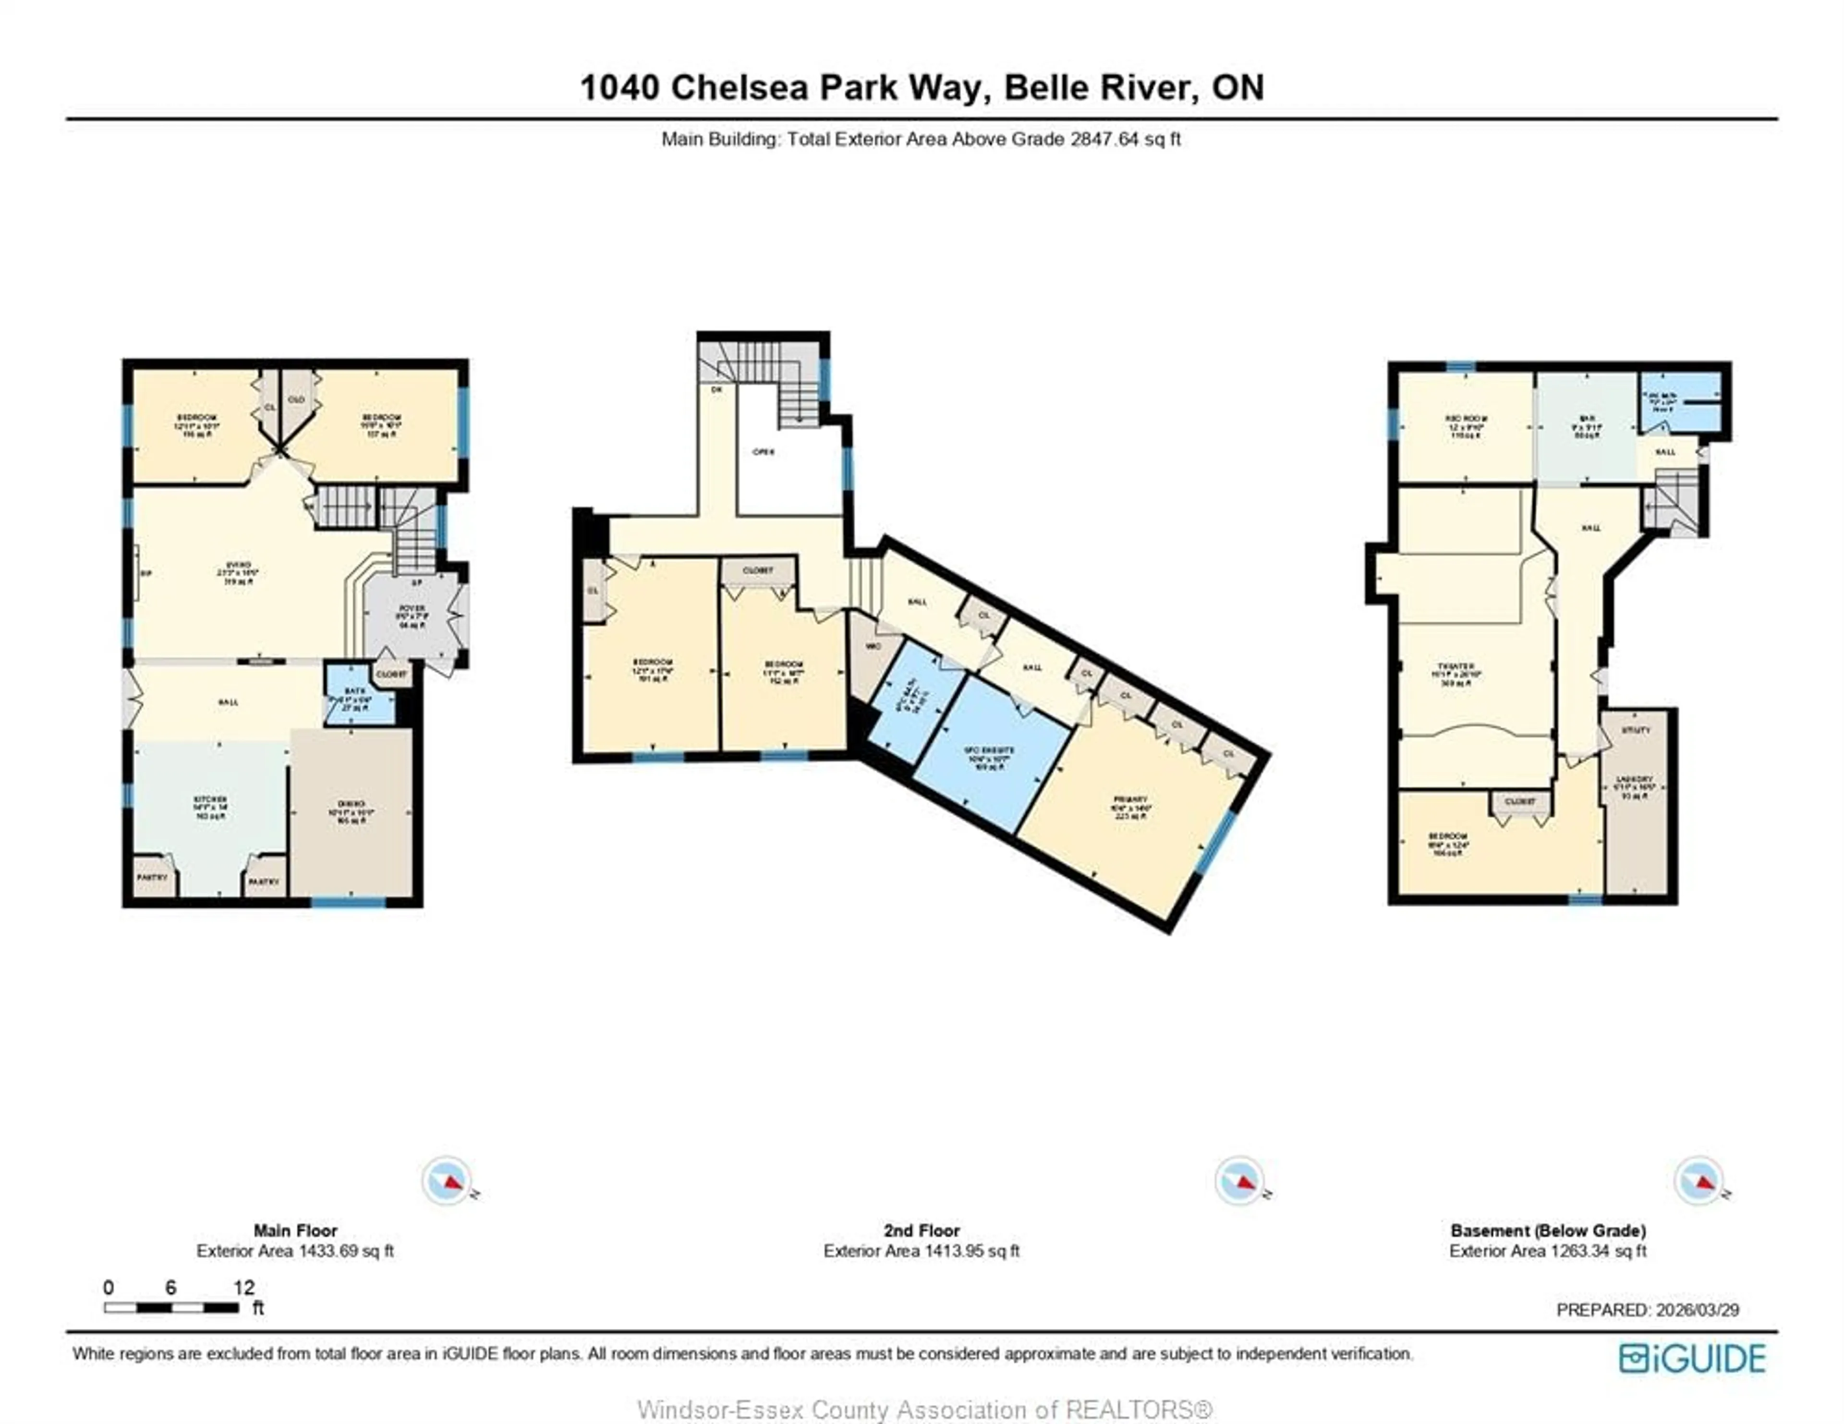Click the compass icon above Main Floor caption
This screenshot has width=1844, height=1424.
click(x=447, y=1180)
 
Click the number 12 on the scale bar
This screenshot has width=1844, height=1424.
click(x=244, y=1287)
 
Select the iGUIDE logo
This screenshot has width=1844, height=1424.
click(x=1692, y=1358)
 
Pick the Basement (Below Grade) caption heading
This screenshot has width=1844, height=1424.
click(x=1548, y=1231)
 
